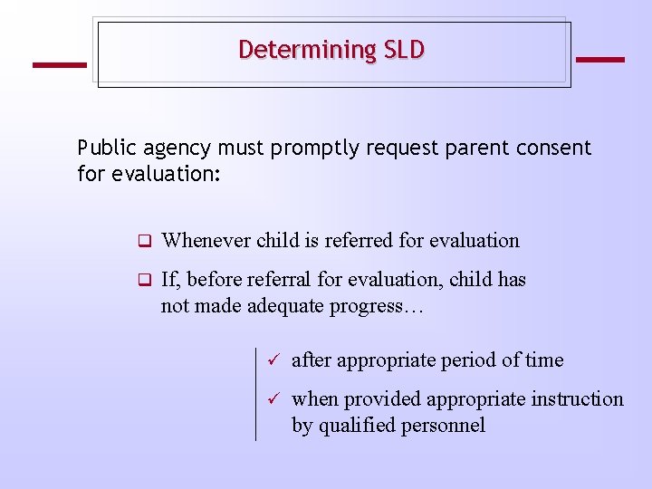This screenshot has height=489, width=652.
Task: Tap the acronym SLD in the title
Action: tap(404, 50)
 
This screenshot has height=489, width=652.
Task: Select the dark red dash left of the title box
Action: tap(59, 64)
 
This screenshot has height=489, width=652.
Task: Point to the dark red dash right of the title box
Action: tap(599, 60)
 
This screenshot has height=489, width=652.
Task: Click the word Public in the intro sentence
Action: tap(106, 148)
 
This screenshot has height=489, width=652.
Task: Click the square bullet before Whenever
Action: tap(143, 242)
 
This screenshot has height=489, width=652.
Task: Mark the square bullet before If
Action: tap(143, 281)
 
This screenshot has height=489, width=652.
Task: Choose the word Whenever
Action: tap(206, 241)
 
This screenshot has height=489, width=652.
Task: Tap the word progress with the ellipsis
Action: tap(385, 306)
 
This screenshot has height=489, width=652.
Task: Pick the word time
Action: tap(544, 360)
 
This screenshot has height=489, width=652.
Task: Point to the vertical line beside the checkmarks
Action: tap(256, 394)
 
